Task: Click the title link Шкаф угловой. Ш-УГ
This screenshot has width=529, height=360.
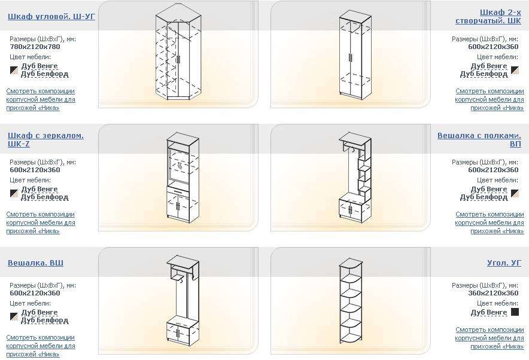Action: coord(51,16)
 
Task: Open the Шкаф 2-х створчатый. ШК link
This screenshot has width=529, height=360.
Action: coord(488,17)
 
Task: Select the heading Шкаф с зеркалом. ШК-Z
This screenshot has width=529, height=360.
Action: coord(45,139)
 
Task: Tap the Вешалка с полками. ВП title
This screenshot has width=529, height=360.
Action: coord(479,139)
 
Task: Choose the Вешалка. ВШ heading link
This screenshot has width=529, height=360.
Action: coord(35,263)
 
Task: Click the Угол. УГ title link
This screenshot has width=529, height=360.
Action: coord(504,263)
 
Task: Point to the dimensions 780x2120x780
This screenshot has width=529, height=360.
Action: coord(35,47)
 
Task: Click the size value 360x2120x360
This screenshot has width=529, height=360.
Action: coord(493,293)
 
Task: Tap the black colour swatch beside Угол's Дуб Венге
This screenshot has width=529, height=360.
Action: coord(515,312)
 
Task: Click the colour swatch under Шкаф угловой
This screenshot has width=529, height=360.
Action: coord(14,70)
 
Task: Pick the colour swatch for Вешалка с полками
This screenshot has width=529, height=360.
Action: coord(515,193)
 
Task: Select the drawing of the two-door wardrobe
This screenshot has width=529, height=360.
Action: coord(355,54)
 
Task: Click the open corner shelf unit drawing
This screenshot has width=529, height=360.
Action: coord(351,301)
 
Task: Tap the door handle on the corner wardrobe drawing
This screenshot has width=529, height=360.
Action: coord(178,59)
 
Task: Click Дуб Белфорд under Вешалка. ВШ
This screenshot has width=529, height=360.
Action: coord(44,320)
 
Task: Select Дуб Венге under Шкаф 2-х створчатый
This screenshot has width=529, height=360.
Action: coord(489,66)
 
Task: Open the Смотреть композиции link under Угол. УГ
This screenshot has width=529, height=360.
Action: coord(490,338)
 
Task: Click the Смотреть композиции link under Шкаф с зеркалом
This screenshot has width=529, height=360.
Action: coord(41,222)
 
